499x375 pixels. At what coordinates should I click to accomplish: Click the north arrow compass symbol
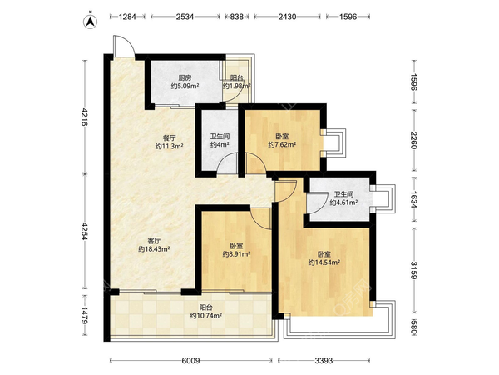click(91, 22)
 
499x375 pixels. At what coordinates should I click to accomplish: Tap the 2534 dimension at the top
click(185, 17)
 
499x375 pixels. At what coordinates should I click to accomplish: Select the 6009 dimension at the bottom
click(190, 361)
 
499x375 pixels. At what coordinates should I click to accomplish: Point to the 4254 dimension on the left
click(85, 232)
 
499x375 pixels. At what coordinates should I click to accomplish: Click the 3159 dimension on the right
click(413, 270)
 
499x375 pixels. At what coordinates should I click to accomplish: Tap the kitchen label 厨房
click(185, 78)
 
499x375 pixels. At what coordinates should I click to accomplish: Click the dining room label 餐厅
click(170, 138)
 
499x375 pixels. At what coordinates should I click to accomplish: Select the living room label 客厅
click(154, 241)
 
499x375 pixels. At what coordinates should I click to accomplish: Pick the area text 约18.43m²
click(154, 249)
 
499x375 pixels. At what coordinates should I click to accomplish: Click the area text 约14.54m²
click(324, 262)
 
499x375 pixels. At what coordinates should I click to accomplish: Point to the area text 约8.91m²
click(236, 254)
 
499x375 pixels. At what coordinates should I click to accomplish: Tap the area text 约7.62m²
click(282, 145)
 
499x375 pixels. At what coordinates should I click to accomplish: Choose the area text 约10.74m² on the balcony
click(206, 316)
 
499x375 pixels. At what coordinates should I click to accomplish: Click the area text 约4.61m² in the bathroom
click(343, 202)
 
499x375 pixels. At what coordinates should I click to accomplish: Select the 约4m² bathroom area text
click(220, 145)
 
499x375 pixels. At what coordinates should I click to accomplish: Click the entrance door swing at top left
click(125, 46)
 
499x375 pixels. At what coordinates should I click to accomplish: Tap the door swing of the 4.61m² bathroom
click(319, 203)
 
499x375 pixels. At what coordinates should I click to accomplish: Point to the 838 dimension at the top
click(236, 17)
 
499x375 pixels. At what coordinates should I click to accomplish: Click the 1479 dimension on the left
click(85, 316)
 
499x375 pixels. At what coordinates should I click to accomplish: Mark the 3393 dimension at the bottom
click(324, 361)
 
